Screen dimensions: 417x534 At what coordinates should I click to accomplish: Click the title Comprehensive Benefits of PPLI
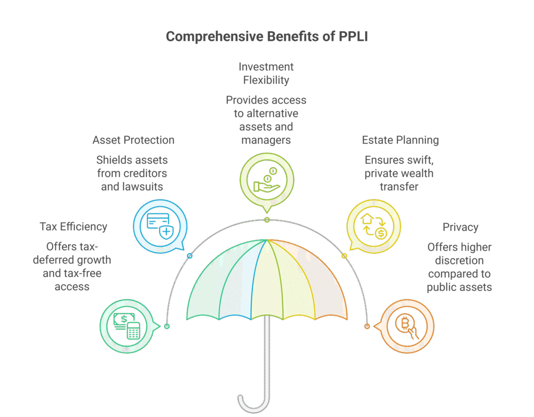pos(266,37)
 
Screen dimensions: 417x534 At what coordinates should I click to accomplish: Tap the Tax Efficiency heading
pos(73,226)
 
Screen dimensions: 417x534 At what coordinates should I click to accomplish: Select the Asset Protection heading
pos(133,140)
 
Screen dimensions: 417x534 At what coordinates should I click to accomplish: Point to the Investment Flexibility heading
pos(266,73)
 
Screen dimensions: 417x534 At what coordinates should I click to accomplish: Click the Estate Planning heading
pos(400,140)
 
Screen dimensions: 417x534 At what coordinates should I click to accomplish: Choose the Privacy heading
pos(460,227)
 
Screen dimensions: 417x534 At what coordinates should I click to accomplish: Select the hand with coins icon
pos(266,180)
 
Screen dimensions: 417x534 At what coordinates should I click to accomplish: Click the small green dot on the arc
pos(167,326)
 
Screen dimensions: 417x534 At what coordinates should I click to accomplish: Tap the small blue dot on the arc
pos(189,256)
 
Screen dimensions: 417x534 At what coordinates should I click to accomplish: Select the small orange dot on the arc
pos(367,326)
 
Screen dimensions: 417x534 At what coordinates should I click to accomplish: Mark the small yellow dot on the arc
pos(344,256)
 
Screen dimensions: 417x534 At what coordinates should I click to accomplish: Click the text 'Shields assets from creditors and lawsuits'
pos(132,173)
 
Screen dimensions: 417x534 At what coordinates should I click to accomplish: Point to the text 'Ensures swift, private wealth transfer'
pos(399,173)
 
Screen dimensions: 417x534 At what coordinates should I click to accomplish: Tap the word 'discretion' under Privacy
pos(459,260)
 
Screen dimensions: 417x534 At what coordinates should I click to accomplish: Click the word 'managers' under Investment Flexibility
pos(266,140)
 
